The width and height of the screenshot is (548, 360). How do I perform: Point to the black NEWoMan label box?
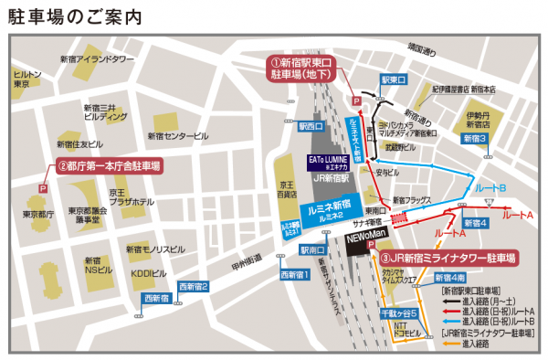coord(362,236)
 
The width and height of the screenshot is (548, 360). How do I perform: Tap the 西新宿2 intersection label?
coord(194,286)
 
